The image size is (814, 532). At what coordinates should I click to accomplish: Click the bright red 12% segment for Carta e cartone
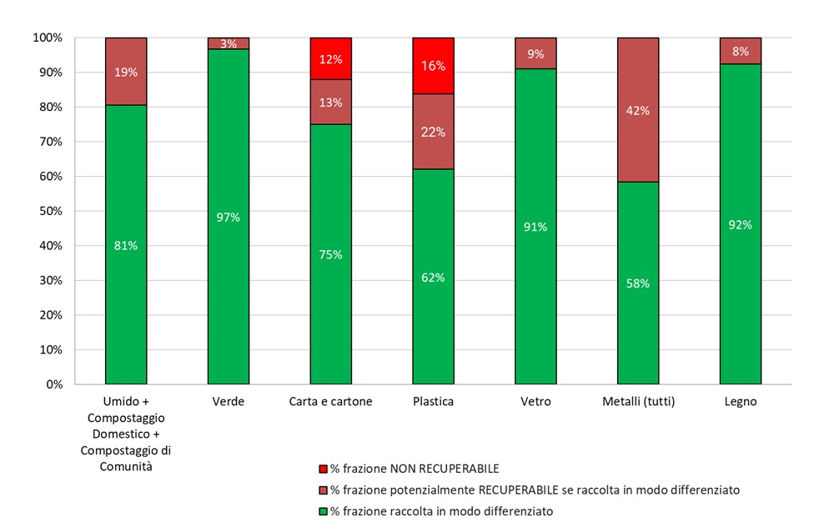coord(331,58)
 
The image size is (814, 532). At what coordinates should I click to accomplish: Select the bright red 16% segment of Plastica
coord(434,66)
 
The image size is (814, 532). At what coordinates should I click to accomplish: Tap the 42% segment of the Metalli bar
coord(638,110)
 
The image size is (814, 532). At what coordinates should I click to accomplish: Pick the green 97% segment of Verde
coord(229,217)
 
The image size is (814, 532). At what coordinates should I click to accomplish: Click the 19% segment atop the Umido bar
coord(126,72)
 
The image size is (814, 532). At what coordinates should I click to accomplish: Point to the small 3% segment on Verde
coord(229,43)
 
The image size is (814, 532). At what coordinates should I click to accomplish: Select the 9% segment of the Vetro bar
coord(535,53)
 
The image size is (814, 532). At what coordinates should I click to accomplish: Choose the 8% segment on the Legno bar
coord(741,51)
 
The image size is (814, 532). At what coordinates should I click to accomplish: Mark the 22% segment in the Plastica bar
coord(434,132)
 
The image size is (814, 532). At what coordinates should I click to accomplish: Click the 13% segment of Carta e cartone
coord(331,102)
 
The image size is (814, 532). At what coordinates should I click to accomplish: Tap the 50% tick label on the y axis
coord(48,211)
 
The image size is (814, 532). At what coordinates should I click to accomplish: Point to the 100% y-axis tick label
coord(46,38)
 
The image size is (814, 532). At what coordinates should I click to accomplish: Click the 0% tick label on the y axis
coord(52,384)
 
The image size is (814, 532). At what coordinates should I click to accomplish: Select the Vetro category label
coord(535,402)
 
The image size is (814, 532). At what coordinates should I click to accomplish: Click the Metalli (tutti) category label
coord(638,402)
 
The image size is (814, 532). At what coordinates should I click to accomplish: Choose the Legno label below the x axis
coord(741,402)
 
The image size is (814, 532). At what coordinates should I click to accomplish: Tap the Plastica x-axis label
coord(434,402)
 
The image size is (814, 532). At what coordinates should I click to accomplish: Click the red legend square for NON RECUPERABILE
coord(324,469)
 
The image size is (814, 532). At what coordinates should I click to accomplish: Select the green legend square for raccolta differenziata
coord(324,511)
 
